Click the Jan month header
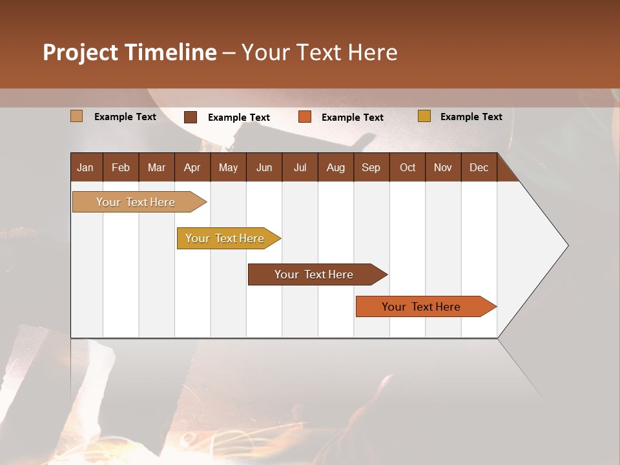click(x=85, y=167)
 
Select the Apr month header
click(x=192, y=167)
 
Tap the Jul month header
click(x=300, y=167)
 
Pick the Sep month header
click(x=371, y=167)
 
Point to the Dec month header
click(x=479, y=167)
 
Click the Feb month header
click(x=121, y=167)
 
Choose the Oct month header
click(x=408, y=167)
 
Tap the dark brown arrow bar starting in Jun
click(x=315, y=274)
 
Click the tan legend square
click(x=76, y=116)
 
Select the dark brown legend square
click(x=191, y=117)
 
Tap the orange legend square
click(x=305, y=117)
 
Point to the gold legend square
click(x=424, y=116)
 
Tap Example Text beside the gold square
click(x=471, y=117)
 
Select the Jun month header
click(x=264, y=167)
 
